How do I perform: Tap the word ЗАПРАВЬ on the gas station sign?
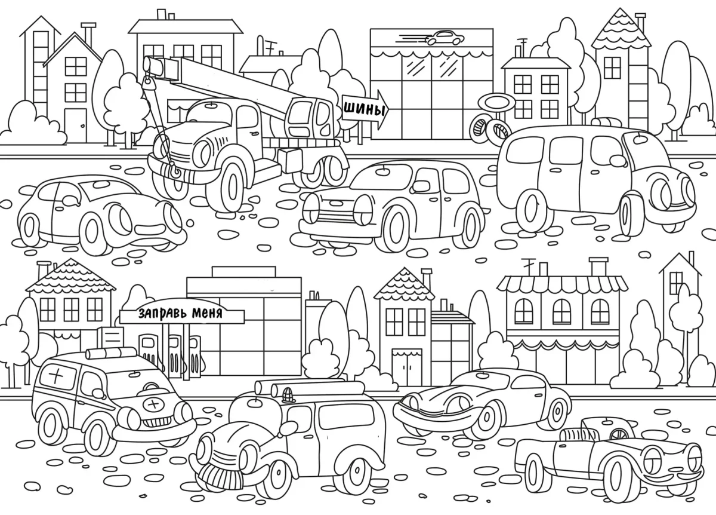[161, 312]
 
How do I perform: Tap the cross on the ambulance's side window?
[58, 378]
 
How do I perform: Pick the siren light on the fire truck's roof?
[289, 394]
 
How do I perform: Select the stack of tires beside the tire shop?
[488, 128]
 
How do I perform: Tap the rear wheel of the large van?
[530, 209]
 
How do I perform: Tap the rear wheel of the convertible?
[535, 469]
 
